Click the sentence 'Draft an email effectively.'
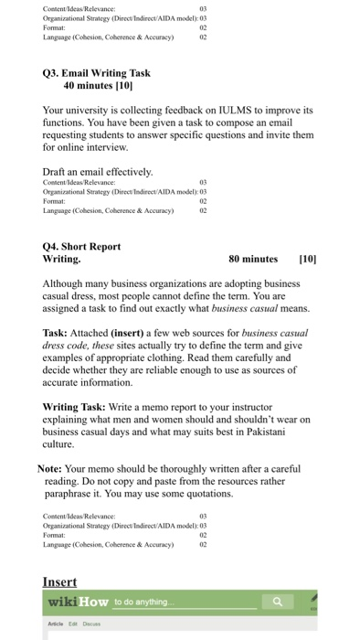click(98, 171)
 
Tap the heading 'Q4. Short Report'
click(81, 246)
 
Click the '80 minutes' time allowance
click(253, 259)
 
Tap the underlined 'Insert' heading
click(59, 582)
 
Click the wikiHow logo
click(79, 603)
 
